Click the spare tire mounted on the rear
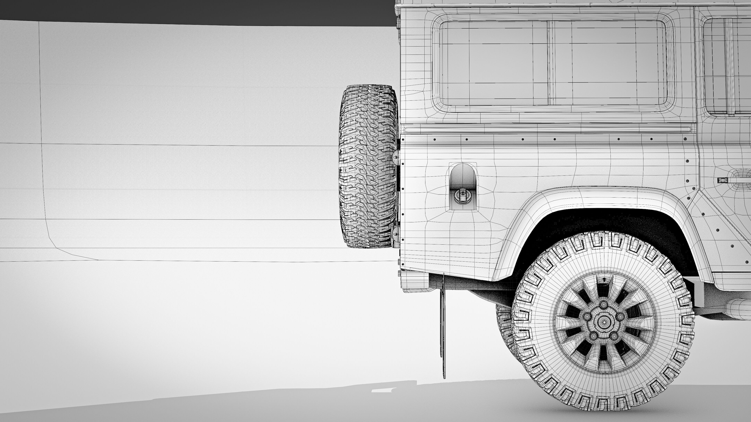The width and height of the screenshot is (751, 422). [x=368, y=167]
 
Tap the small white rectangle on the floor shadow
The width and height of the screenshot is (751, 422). [x=382, y=390]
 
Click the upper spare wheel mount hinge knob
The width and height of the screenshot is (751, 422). [x=396, y=157]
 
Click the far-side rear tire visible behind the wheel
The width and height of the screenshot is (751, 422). [x=504, y=326]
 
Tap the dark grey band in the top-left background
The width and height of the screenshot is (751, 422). [x=175, y=12]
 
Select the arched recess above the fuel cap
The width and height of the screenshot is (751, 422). [x=463, y=175]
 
